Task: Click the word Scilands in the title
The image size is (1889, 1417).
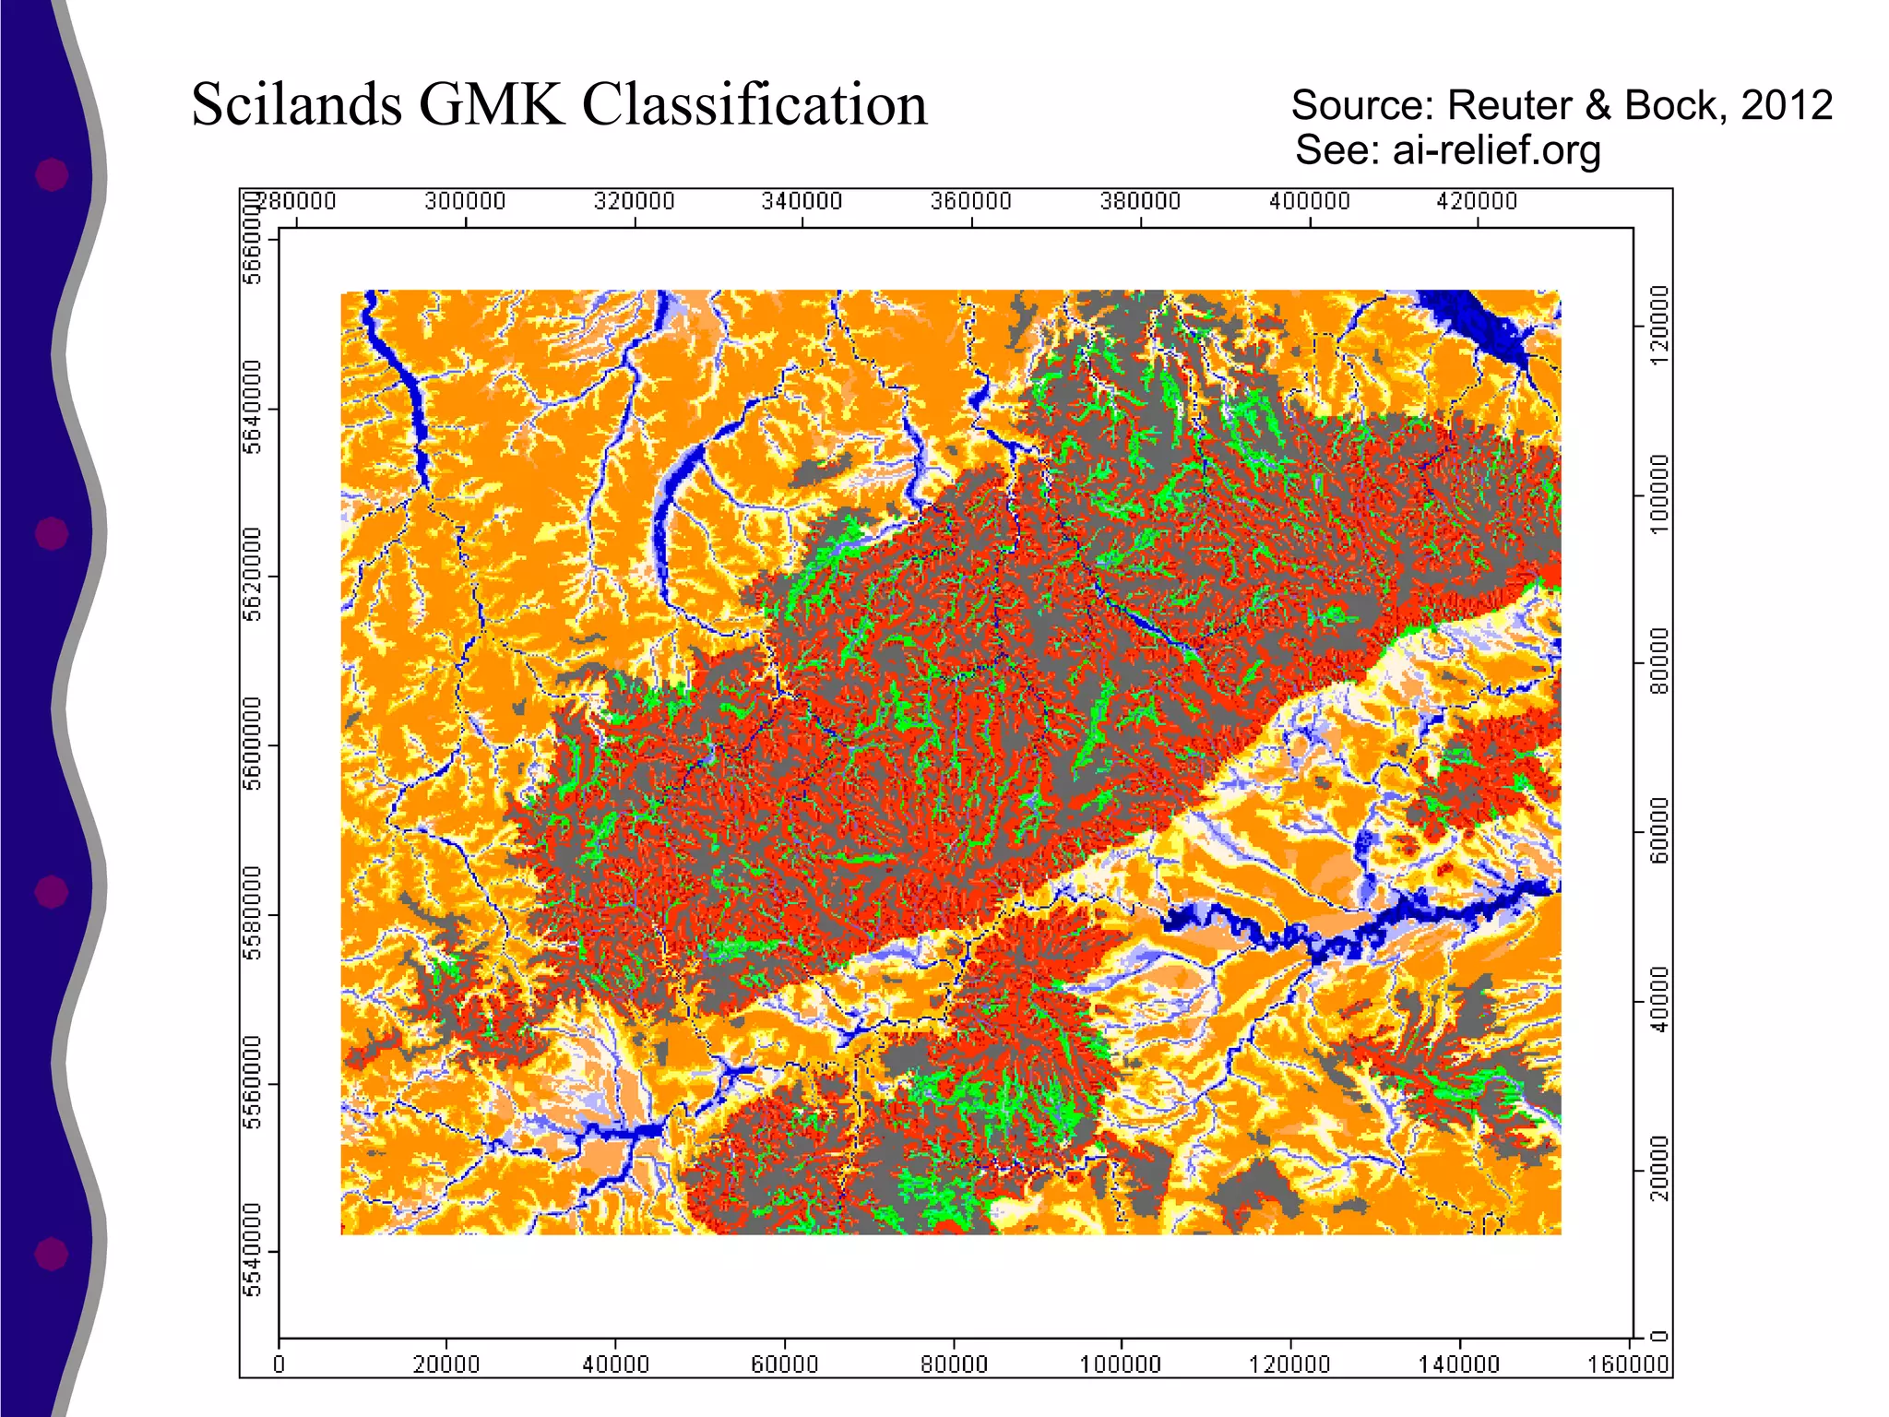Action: point(296,104)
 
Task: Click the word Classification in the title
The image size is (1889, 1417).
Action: point(754,104)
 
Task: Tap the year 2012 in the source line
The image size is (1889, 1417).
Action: point(1787,105)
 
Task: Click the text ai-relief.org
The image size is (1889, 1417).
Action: point(1496,150)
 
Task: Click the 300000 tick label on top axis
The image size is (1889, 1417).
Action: point(465,201)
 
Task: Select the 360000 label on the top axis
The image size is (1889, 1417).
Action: point(971,201)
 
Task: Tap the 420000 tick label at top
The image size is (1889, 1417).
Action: point(1477,201)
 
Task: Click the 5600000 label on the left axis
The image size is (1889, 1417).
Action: point(253,744)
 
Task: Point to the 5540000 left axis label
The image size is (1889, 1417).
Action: point(253,1250)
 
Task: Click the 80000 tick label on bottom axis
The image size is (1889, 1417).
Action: point(953,1364)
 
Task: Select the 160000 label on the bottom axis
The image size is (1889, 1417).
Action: point(1628,1364)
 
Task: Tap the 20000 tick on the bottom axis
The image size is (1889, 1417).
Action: point(446,1364)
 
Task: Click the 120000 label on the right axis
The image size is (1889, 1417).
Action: point(1659,325)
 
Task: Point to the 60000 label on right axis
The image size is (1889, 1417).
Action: point(1659,831)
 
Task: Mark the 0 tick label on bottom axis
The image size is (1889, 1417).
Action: point(279,1364)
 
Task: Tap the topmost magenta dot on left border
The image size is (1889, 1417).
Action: point(52,174)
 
